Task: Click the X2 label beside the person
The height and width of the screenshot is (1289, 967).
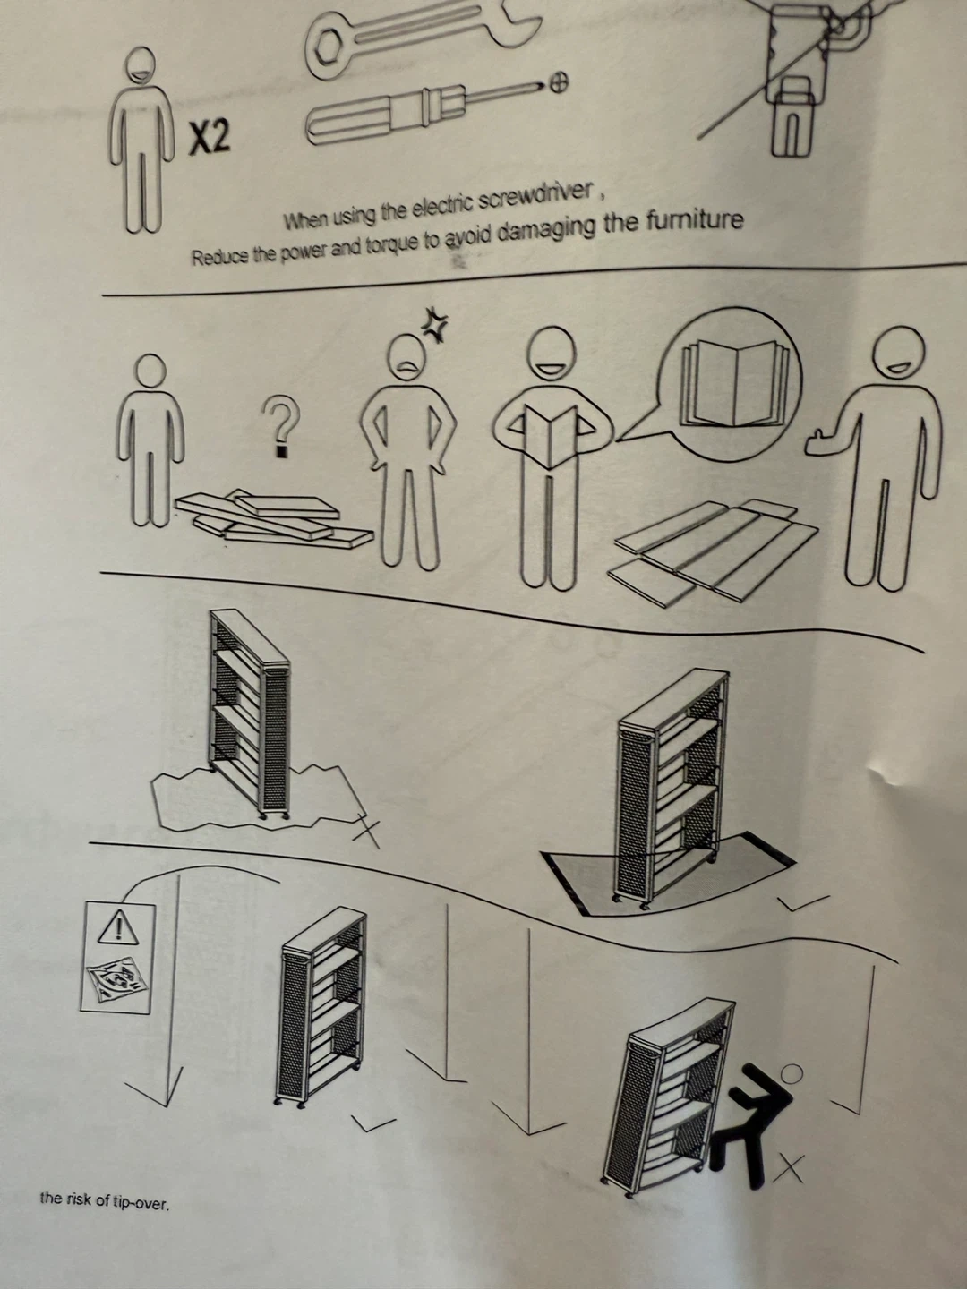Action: pyautogui.click(x=209, y=139)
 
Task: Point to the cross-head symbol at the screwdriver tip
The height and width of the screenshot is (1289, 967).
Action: pyautogui.click(x=559, y=84)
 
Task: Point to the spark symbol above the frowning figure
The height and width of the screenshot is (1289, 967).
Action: pyautogui.click(x=436, y=323)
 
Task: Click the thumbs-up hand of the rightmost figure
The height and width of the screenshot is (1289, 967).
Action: pyautogui.click(x=821, y=441)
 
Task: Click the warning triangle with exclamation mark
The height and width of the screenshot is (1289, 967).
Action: pyautogui.click(x=118, y=927)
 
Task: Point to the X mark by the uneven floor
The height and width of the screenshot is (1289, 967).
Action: pyautogui.click(x=366, y=830)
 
